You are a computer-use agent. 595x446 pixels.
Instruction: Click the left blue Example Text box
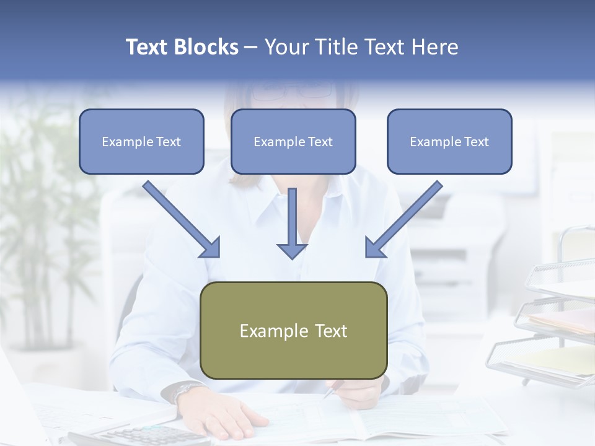141,141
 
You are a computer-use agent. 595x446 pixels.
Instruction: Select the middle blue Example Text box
293,141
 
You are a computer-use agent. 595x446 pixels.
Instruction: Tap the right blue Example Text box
449,141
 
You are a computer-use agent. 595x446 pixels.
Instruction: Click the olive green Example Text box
294,330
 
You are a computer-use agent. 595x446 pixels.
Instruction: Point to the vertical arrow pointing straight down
292,223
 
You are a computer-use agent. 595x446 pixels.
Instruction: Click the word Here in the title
434,47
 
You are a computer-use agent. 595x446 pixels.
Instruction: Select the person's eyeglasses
291,91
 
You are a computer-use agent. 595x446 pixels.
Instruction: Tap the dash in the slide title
252,47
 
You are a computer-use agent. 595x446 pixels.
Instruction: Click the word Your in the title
286,47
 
